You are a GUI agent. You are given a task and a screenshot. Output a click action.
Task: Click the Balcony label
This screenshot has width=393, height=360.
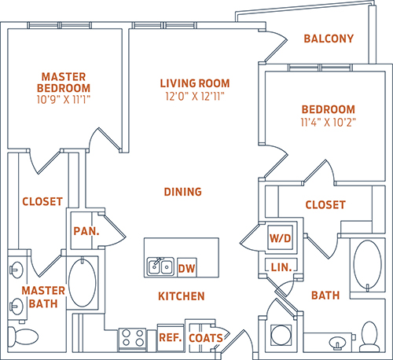pos(329,39)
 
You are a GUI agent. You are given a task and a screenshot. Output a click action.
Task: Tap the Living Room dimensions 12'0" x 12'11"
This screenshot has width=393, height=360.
pos(195,97)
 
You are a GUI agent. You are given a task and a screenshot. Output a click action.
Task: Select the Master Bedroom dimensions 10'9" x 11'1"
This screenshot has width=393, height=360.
pos(64,100)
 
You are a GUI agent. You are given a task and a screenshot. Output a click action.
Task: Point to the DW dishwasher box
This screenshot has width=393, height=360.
pos(187,267)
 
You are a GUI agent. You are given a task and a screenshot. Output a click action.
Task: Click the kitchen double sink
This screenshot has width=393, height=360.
pos(160,266)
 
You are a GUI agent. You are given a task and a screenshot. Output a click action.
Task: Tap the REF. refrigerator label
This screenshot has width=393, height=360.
pos(171,338)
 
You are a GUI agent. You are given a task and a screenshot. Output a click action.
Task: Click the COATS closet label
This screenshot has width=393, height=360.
pos(206,338)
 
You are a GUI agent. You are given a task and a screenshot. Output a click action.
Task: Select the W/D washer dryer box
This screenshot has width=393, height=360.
pos(281,238)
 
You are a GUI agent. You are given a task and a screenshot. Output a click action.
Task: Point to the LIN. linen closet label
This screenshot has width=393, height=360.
pos(281,267)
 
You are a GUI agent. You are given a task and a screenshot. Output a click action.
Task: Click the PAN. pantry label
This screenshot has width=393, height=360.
pos(86,231)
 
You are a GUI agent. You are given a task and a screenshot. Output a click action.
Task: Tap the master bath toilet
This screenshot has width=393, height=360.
pos(23,336)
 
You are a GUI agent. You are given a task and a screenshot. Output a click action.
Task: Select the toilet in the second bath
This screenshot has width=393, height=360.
pos(369,336)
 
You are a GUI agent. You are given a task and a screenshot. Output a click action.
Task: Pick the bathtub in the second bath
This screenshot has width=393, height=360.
pos(368,266)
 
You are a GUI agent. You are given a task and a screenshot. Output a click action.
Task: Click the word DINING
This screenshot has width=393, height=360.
pos(183,192)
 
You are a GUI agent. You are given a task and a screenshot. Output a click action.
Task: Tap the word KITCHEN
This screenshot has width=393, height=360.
pos(182,296)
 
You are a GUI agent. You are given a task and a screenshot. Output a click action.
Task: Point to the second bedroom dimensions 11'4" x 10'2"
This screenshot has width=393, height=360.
pos(329,122)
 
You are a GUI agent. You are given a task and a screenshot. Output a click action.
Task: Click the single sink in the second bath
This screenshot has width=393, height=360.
pos(337,343)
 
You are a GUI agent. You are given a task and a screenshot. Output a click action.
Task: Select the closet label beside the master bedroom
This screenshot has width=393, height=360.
pos(42,201)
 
